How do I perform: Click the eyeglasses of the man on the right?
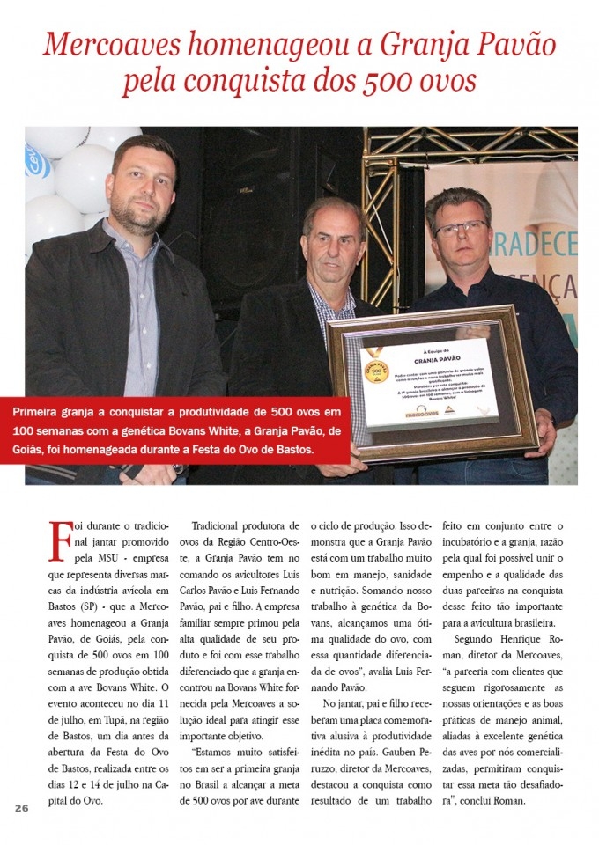click(459, 229)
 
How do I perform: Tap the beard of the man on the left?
click(140, 212)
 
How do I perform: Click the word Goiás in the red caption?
click(33, 451)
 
